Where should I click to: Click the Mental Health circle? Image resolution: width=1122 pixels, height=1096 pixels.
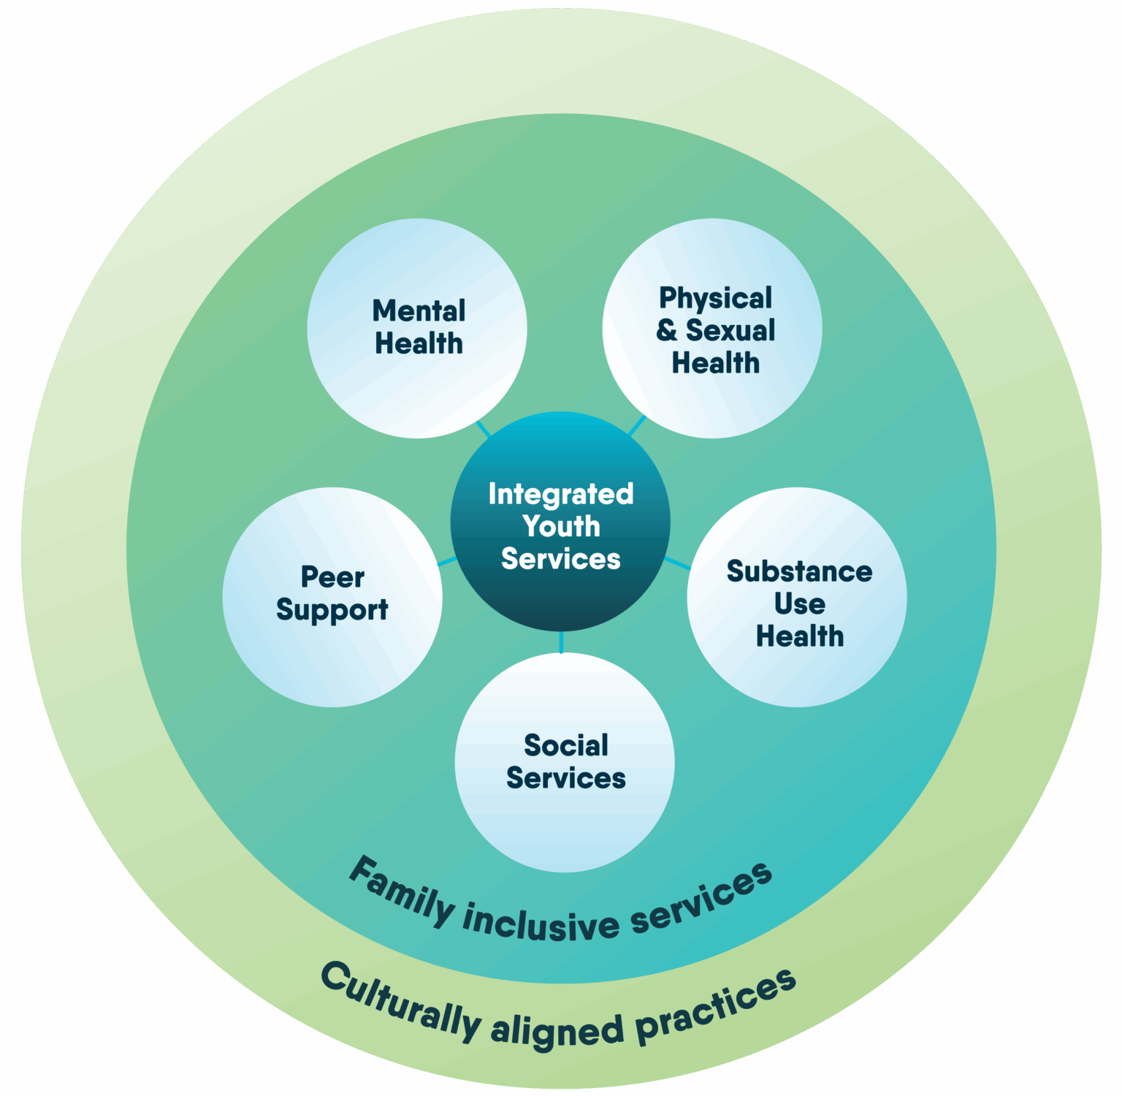click(417, 328)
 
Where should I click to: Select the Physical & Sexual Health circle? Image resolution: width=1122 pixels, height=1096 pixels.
click(712, 328)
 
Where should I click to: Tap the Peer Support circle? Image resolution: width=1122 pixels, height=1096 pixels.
click(332, 596)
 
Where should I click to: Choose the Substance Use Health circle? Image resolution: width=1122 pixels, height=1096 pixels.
click(797, 596)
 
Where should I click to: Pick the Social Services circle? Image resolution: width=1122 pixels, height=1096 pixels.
click(565, 762)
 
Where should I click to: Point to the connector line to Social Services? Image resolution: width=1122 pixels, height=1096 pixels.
click(561, 642)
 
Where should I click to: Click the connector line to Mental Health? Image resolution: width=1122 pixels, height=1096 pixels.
click(484, 429)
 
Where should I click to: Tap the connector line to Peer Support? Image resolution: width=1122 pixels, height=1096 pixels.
click(447, 562)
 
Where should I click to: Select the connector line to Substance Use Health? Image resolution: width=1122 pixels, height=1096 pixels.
click(677, 563)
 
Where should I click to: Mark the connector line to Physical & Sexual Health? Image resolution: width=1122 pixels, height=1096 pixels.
click(638, 425)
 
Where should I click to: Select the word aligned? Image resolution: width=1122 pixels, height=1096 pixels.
click(557, 1030)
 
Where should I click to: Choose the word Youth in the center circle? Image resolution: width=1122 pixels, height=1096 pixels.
click(561, 526)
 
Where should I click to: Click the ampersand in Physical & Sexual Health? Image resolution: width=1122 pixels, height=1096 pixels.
click(666, 330)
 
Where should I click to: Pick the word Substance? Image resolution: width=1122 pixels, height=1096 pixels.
click(799, 571)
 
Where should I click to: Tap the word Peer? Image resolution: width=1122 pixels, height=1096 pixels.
click(332, 577)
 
